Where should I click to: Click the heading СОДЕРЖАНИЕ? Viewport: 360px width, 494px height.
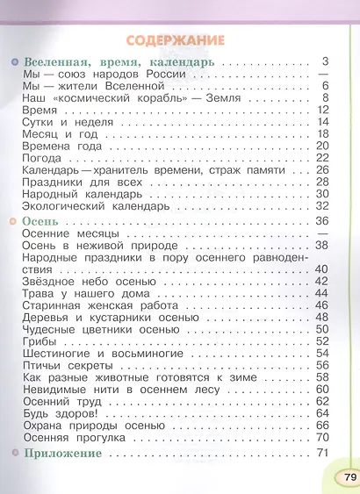pyautogui.click(x=175, y=41)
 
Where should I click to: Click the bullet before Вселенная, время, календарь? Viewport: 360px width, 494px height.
pyautogui.click(x=15, y=64)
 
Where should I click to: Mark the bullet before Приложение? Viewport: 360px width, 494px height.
pyautogui.click(x=15, y=453)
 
